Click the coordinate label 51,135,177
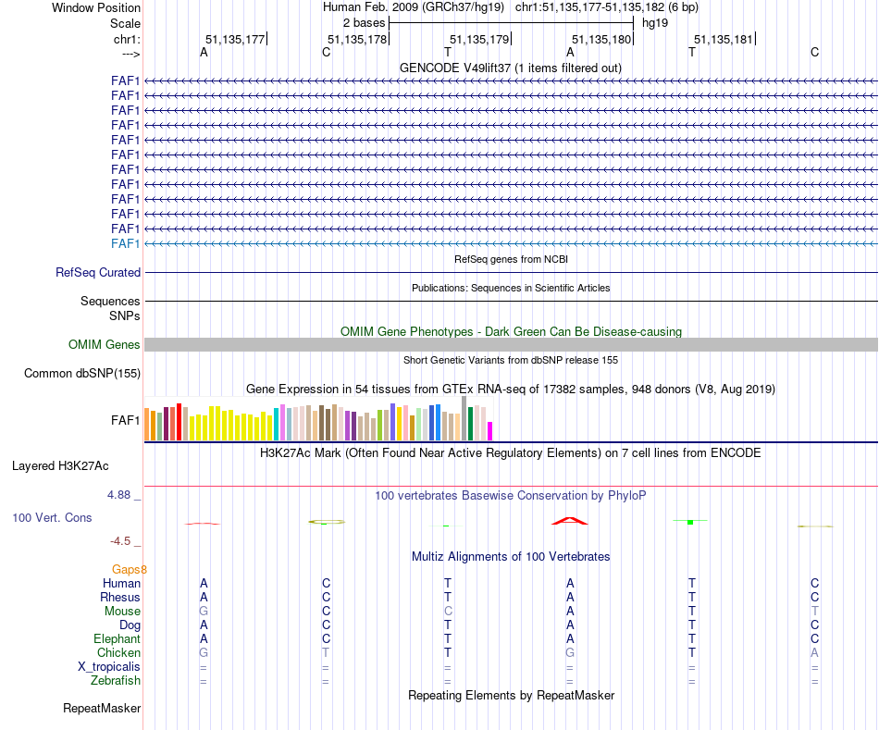235,39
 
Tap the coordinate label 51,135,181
724,39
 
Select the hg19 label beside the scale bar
655,22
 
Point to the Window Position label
96,7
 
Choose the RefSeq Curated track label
98,273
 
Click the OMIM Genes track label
105,345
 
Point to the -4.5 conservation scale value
122,541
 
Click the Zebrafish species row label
117,681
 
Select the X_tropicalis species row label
109,667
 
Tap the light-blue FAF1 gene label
125,243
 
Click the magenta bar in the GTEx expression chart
490,431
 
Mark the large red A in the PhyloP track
570,520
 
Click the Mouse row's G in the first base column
204,612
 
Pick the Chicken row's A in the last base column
814,653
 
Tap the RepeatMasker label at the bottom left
102,709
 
